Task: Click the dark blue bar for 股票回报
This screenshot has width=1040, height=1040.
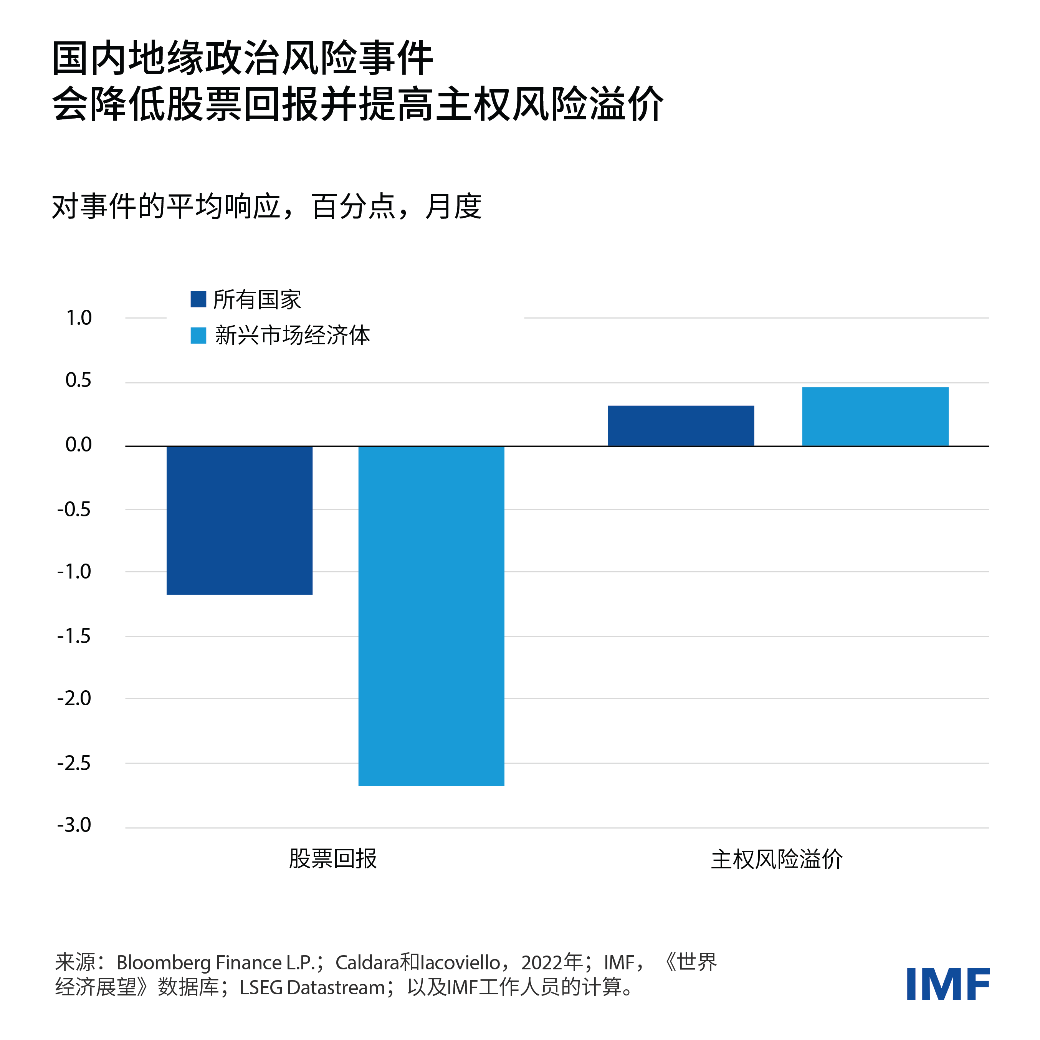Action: [240, 520]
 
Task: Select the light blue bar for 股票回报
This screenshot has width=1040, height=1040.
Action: [431, 616]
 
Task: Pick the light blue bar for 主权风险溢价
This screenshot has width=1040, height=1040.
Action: [875, 417]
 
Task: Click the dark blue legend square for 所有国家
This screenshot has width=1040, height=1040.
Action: [198, 299]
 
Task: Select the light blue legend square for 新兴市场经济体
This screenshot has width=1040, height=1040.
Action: [198, 336]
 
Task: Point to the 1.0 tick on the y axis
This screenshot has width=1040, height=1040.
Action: [79, 318]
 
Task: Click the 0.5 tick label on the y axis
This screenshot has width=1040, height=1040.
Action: [79, 380]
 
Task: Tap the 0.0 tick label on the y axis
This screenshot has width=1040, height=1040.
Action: [79, 445]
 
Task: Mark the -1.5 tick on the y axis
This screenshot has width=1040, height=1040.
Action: [74, 636]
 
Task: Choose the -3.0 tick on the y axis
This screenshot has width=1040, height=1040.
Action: [74, 825]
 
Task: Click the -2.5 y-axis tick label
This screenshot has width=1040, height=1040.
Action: [74, 763]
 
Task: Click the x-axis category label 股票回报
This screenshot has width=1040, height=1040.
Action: [333, 858]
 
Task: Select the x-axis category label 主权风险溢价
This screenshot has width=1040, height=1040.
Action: [776, 859]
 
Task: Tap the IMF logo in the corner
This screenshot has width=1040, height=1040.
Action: [948, 984]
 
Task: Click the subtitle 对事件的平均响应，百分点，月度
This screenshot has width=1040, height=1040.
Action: [266, 207]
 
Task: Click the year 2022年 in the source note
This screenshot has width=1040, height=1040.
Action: [552, 962]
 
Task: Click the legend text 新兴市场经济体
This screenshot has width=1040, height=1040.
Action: [292, 336]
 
